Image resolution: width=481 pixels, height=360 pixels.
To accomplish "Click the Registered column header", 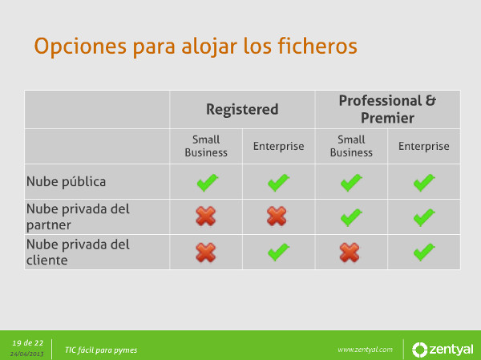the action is tap(242, 109).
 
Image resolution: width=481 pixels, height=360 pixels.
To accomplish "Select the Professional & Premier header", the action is tap(387, 109).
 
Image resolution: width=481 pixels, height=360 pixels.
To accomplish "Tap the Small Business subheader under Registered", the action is tap(206, 146).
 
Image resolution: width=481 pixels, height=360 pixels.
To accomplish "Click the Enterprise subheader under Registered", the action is tap(278, 147).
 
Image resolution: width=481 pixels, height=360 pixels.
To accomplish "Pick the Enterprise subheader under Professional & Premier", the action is tap(423, 147).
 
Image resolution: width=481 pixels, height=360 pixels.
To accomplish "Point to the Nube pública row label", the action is tap(66, 181).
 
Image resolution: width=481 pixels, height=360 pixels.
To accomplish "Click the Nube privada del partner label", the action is tap(78, 216).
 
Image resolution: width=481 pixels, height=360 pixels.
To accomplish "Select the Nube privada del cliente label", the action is tap(78, 252).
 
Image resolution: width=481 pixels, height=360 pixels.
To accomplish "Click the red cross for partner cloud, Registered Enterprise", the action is tap(277, 216).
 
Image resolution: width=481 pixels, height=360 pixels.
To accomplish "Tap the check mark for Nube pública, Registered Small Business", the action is tap(208, 182).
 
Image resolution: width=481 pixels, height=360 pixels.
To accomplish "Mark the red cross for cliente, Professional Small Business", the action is tap(350, 253).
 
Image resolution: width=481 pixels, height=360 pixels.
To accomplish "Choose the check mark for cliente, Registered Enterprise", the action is tap(278, 252).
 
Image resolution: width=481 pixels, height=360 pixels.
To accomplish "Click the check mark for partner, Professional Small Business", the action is tap(351, 217).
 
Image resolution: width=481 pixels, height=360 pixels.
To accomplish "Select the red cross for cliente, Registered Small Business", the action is tap(206, 253).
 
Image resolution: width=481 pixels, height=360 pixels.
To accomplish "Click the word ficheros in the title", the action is tap(317, 47).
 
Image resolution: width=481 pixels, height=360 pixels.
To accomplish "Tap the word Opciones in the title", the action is tap(80, 47).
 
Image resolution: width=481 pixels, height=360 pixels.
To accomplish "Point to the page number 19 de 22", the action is tap(27, 343).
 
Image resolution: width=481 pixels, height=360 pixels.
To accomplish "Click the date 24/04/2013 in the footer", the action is tap(27, 354).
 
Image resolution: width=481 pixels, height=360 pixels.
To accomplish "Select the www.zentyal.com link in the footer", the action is tap(365, 350).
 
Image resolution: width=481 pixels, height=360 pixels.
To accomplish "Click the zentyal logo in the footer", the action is tap(442, 350).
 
